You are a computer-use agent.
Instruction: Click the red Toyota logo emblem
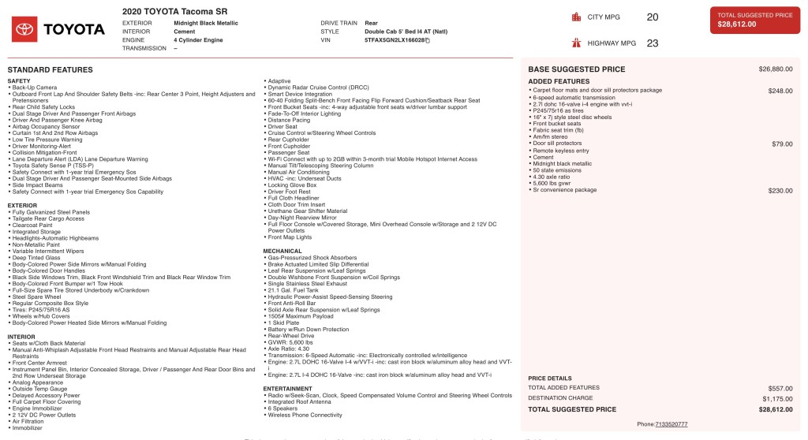pyautogui.click(x=24, y=29)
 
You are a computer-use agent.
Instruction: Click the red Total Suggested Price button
pyautogui.click(x=755, y=20)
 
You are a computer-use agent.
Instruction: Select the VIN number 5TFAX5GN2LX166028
pyautogui.click(x=395, y=39)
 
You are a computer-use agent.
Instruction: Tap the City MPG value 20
pyautogui.click(x=652, y=17)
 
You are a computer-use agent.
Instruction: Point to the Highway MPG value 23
pyautogui.click(x=652, y=43)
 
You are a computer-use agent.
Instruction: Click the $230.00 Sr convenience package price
pyautogui.click(x=780, y=190)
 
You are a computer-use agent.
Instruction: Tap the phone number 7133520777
pyautogui.click(x=671, y=424)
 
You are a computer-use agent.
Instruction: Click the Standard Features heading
pyautogui.click(x=50, y=70)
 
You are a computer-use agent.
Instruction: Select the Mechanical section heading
pyautogui.click(x=282, y=251)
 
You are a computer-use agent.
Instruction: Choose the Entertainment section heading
pyautogui.click(x=288, y=389)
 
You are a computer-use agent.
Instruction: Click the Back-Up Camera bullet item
pyautogui.click(x=34, y=87)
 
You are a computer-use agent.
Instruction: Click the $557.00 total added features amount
pyautogui.click(x=780, y=388)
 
